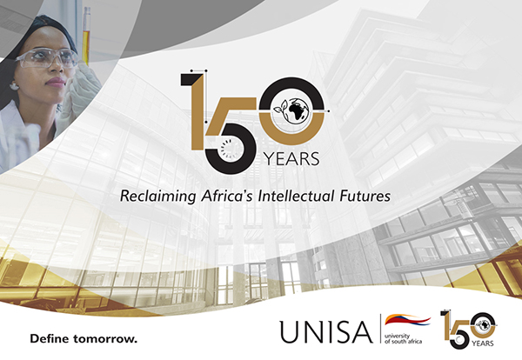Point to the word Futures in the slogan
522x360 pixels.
[365, 196]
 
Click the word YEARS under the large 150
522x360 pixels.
[291, 159]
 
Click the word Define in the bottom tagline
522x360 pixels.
[49, 339]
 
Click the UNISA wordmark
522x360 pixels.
[326, 331]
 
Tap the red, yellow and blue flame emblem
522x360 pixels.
[407, 320]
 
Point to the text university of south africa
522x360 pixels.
[403, 339]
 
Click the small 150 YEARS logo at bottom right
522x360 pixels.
[469, 330]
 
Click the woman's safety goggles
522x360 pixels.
[47, 57]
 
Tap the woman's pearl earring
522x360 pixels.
[15, 86]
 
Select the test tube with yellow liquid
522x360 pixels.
[86, 36]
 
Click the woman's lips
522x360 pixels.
[56, 82]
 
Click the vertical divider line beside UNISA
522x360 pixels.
[381, 329]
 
